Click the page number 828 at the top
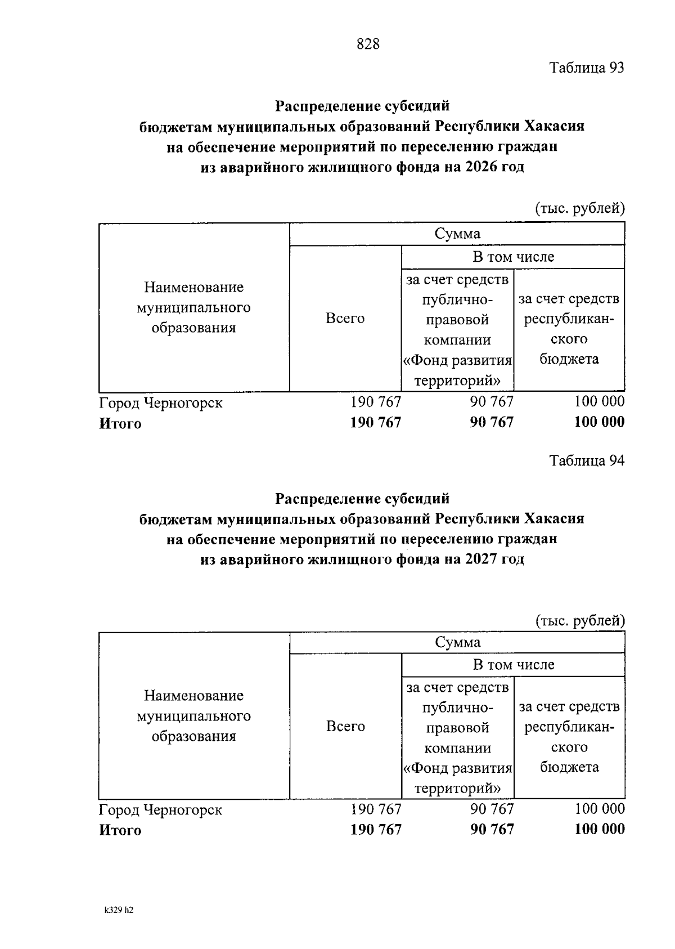coord(368,44)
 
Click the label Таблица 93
coord(587,68)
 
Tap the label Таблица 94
coord(587,461)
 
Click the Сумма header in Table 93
coord(457,234)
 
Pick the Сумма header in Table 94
coord(457,642)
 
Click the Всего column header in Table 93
coord(345,319)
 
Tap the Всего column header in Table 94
coord(345,727)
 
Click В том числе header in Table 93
coord(513,257)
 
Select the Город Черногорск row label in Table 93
coord(161,403)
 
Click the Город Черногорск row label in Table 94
coord(161,810)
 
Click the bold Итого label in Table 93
coord(120,424)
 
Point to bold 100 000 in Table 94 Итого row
coord(599,829)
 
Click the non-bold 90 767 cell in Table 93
coord(492,402)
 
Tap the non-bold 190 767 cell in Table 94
coord(376,809)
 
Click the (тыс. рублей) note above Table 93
coord(579,208)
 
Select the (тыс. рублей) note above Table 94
coord(579,620)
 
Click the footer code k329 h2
coord(119,910)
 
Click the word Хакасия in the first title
coord(555,126)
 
